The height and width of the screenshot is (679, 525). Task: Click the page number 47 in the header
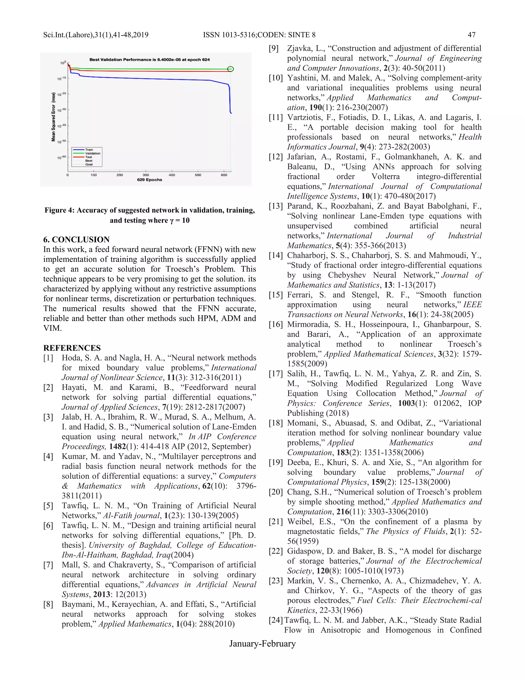(x=471, y=35)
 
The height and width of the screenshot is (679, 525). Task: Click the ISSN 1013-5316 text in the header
(x=229, y=35)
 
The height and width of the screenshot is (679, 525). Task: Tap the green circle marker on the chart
(x=230, y=69)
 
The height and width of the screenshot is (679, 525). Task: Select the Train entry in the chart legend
(x=89, y=150)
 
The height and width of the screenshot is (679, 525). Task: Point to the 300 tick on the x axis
(x=146, y=175)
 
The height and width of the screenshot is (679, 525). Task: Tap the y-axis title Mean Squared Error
(x=54, y=117)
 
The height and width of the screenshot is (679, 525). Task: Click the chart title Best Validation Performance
(x=149, y=59)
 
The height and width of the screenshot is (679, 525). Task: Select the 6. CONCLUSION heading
(x=76, y=239)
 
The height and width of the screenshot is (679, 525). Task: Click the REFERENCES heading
(x=72, y=348)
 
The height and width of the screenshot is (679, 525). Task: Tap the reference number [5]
(x=48, y=506)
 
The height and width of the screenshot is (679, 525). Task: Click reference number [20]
(x=276, y=492)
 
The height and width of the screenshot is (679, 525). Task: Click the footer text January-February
(x=262, y=644)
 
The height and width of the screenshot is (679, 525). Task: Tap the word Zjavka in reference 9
(x=298, y=48)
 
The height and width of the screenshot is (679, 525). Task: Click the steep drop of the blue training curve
(x=230, y=99)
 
